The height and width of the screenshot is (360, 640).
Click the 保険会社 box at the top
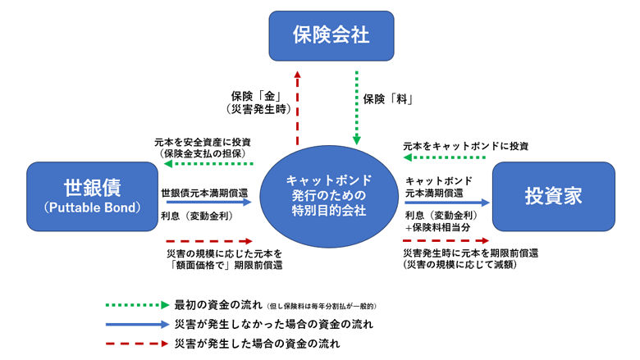tap(319, 35)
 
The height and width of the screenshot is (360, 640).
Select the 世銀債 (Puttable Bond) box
tap(91, 194)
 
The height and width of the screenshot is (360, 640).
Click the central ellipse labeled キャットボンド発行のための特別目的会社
tap(329, 195)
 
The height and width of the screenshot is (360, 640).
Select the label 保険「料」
tap(388, 100)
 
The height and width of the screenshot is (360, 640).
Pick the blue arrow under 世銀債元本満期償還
tap(204, 201)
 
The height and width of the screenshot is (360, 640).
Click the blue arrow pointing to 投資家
tap(446, 201)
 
